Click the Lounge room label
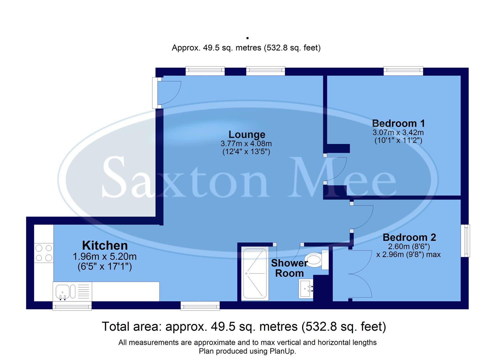tap(247, 134)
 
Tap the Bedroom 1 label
tap(398, 123)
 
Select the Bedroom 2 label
tap(409, 237)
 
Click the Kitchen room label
tap(105, 245)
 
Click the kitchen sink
tap(62, 291)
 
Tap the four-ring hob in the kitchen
tap(44, 253)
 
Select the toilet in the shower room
tap(315, 260)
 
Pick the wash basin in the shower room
tap(306, 289)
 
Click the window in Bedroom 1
tap(403, 70)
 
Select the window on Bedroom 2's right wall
tap(465, 241)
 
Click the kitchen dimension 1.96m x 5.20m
tap(105, 257)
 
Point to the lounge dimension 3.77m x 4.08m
tap(246, 144)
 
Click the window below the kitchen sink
tap(72, 306)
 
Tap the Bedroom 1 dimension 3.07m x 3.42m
tap(398, 132)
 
